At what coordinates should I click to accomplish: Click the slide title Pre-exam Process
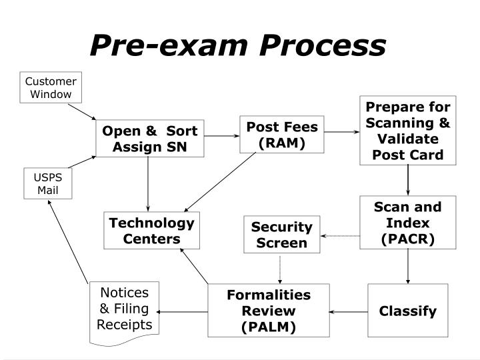(x=238, y=45)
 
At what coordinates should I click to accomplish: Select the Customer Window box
(x=51, y=87)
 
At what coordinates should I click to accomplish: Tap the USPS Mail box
(x=47, y=183)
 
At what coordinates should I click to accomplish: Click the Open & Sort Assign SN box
(x=149, y=139)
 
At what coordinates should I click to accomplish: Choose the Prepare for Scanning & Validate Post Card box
(x=407, y=131)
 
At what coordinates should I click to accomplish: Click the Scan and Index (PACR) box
(x=407, y=222)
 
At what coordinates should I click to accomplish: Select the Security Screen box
(x=281, y=235)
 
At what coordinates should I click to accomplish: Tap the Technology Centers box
(x=151, y=231)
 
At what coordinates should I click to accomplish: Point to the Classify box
(x=407, y=311)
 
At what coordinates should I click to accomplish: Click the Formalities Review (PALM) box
(x=269, y=311)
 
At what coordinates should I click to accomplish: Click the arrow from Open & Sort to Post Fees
(x=221, y=135)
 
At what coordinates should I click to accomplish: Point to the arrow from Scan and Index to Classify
(x=407, y=266)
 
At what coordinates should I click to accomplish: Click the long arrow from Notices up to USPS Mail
(x=69, y=240)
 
